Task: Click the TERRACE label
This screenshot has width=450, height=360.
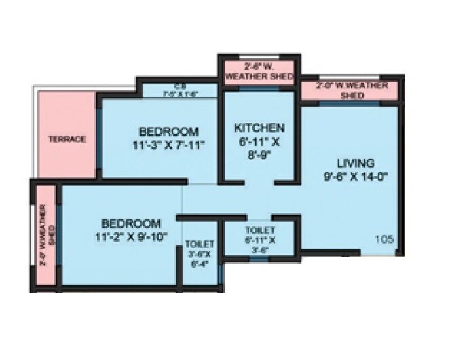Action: [x=66, y=139]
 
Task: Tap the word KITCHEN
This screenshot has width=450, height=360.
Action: [x=259, y=128]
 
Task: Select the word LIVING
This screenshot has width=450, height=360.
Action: [x=356, y=163]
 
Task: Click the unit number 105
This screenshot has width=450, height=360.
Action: [x=384, y=238]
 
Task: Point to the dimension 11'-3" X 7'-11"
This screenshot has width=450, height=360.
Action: [x=168, y=144]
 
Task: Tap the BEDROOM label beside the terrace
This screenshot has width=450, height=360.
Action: [x=168, y=131]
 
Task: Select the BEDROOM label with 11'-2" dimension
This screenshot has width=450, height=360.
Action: [x=132, y=223]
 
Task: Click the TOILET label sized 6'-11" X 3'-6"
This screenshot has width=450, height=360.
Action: [x=259, y=230]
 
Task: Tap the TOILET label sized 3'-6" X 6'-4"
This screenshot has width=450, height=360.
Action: [x=200, y=243]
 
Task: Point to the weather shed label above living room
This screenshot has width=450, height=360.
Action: [x=352, y=90]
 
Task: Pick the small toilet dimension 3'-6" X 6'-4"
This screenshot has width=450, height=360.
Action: [x=200, y=259]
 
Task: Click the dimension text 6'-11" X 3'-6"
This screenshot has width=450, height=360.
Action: [x=259, y=244]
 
